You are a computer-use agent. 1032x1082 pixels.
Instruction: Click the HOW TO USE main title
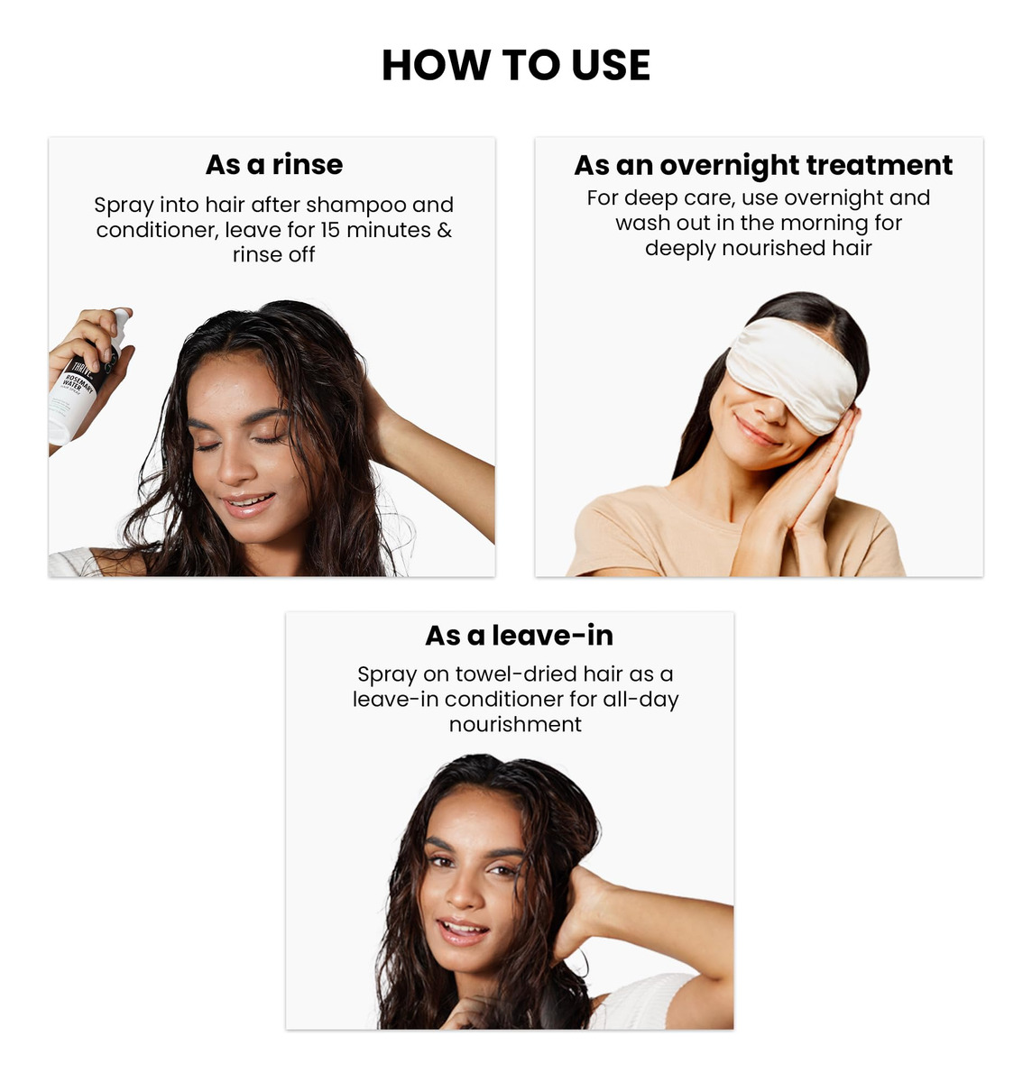point(515,65)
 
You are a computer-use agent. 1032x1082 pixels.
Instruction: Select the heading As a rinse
point(274,165)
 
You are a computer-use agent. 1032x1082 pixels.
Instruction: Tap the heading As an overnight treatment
point(762,165)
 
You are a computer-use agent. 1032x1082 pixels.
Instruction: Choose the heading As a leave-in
point(519,636)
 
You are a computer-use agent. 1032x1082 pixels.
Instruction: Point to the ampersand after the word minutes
point(445,230)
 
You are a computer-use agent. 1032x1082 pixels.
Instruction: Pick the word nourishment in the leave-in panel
point(515,724)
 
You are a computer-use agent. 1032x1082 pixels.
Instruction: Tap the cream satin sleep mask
point(792,375)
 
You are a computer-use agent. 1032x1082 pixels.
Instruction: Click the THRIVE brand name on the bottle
point(83,368)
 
